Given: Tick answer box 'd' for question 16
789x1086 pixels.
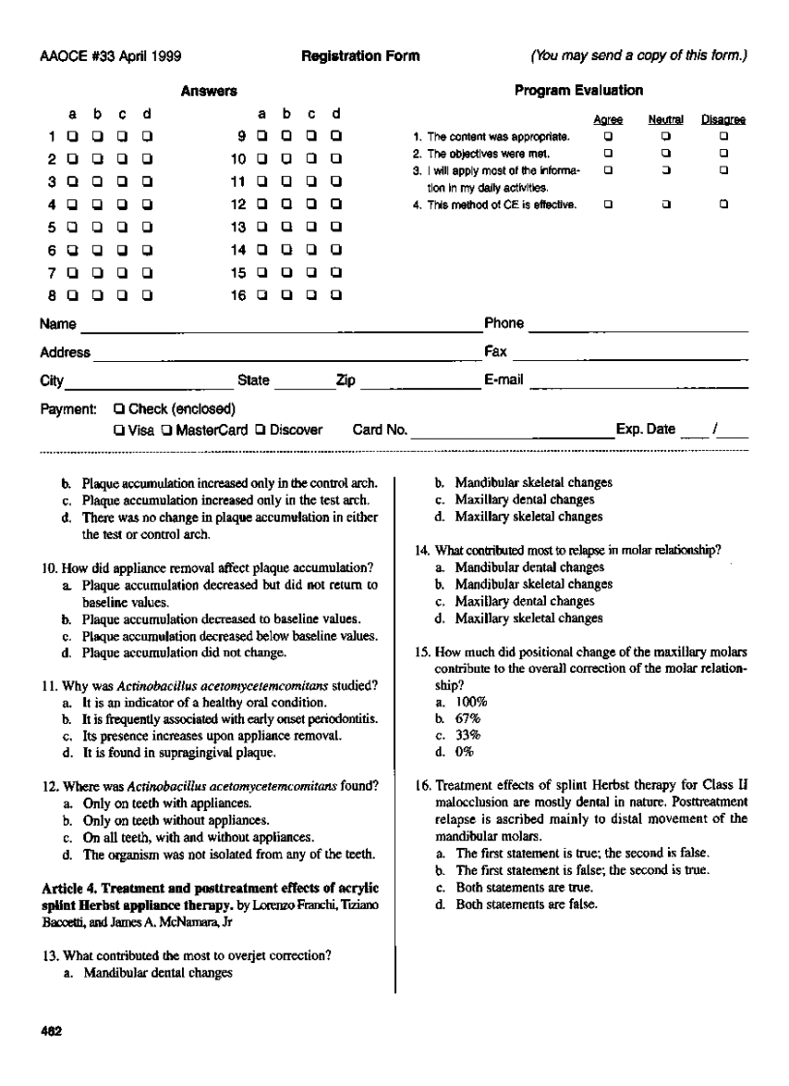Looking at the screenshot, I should pyautogui.click(x=335, y=297).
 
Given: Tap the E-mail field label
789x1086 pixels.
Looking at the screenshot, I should pyautogui.click(x=503, y=379).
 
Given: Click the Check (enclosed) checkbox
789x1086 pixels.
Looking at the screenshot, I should pyautogui.click(x=118, y=408).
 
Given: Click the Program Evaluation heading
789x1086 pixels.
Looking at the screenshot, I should pyautogui.click(x=581, y=91).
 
